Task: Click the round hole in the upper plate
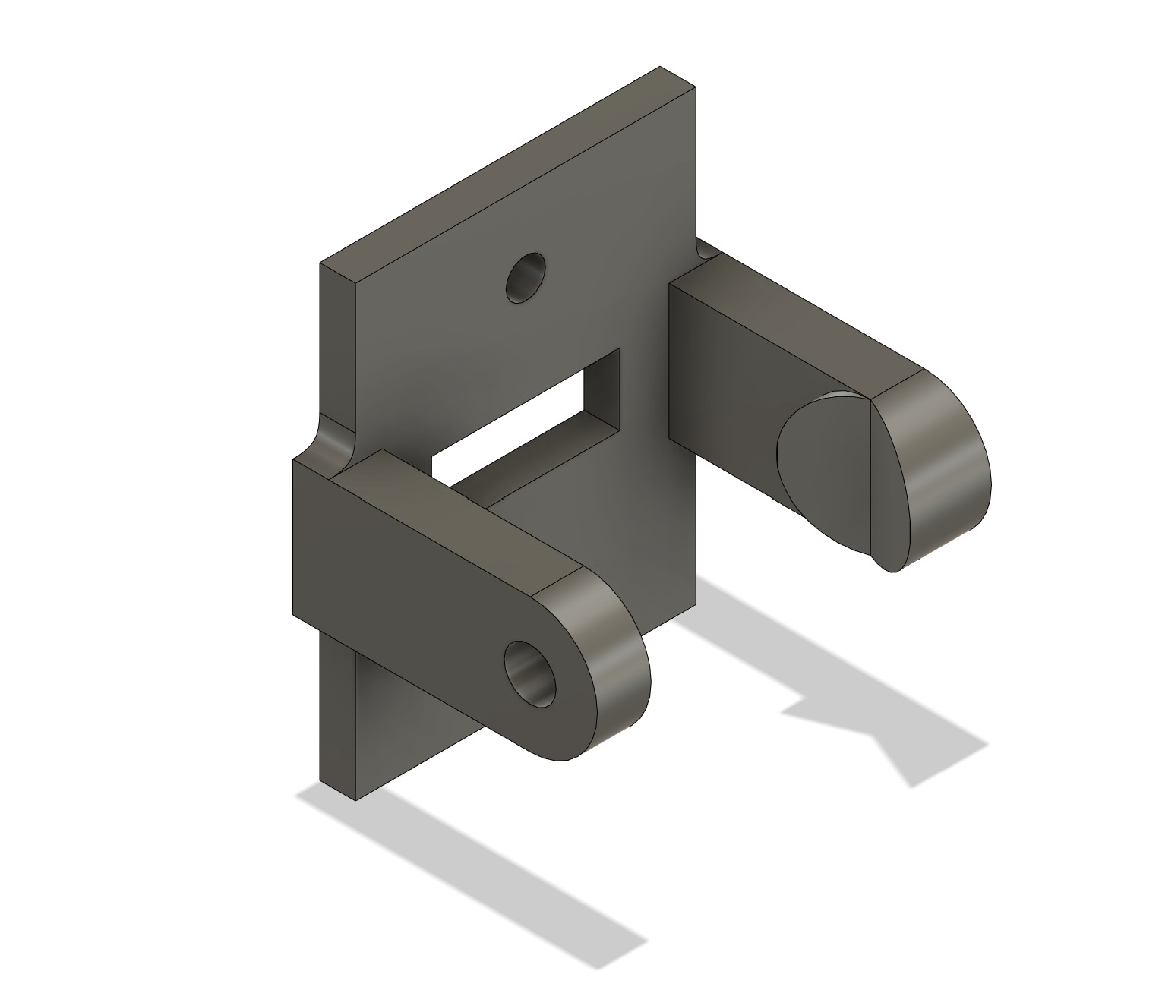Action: click(526, 278)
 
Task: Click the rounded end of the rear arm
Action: click(942, 463)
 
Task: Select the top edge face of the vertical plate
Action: click(501, 167)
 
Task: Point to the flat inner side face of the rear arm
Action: click(722, 380)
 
